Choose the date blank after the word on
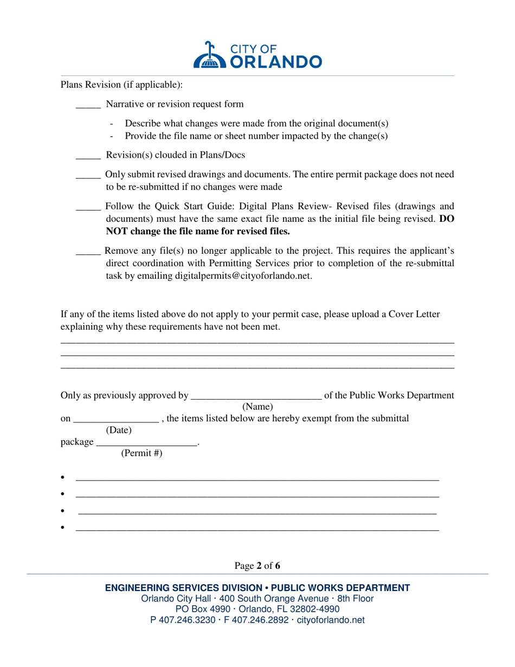(116, 419)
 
